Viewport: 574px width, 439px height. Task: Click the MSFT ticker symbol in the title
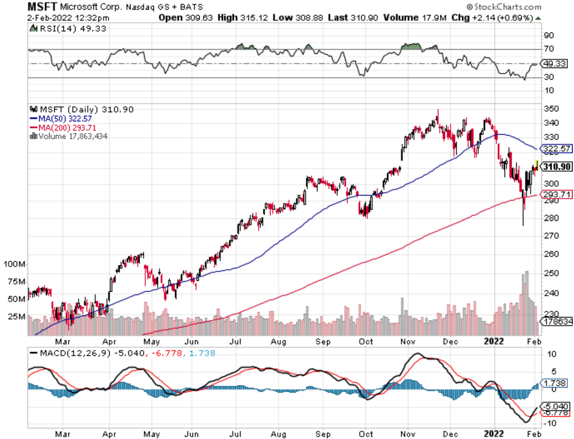[42, 7]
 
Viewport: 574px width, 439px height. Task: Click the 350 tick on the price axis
[551, 109]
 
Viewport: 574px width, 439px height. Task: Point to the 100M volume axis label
[14, 264]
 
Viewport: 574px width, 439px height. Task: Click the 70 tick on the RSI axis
[549, 48]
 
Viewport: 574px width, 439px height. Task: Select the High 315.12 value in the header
[242, 17]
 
